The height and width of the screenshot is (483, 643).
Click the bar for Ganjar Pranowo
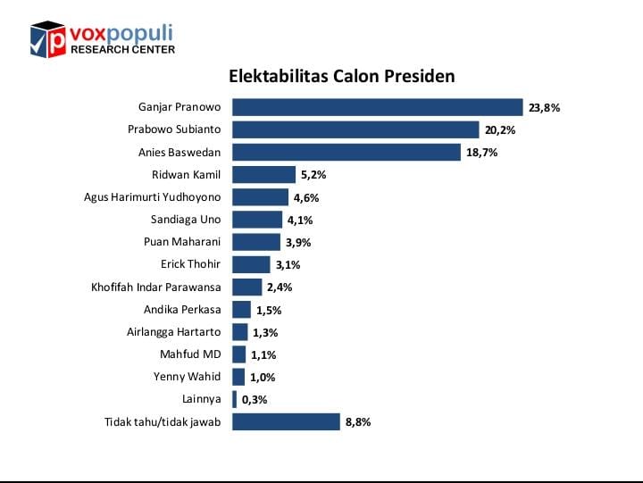(x=377, y=107)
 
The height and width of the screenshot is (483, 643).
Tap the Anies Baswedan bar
(x=347, y=153)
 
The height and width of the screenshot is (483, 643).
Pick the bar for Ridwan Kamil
(x=263, y=175)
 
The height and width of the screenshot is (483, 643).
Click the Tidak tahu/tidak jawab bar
(x=286, y=421)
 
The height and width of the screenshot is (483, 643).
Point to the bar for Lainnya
(x=234, y=399)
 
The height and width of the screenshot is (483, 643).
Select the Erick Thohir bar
(x=251, y=264)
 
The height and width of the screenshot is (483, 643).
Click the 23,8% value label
(x=544, y=108)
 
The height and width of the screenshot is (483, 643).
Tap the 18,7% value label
(x=481, y=153)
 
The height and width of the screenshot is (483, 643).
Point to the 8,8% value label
(x=357, y=421)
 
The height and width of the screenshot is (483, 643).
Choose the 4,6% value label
(x=306, y=198)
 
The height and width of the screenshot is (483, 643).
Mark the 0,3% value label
(x=254, y=399)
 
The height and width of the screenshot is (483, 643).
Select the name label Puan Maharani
(x=182, y=241)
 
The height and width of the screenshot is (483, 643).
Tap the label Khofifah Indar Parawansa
(x=155, y=287)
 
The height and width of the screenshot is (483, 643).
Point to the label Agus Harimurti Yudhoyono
(x=152, y=196)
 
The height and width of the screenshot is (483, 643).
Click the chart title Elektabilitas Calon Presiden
(x=342, y=76)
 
